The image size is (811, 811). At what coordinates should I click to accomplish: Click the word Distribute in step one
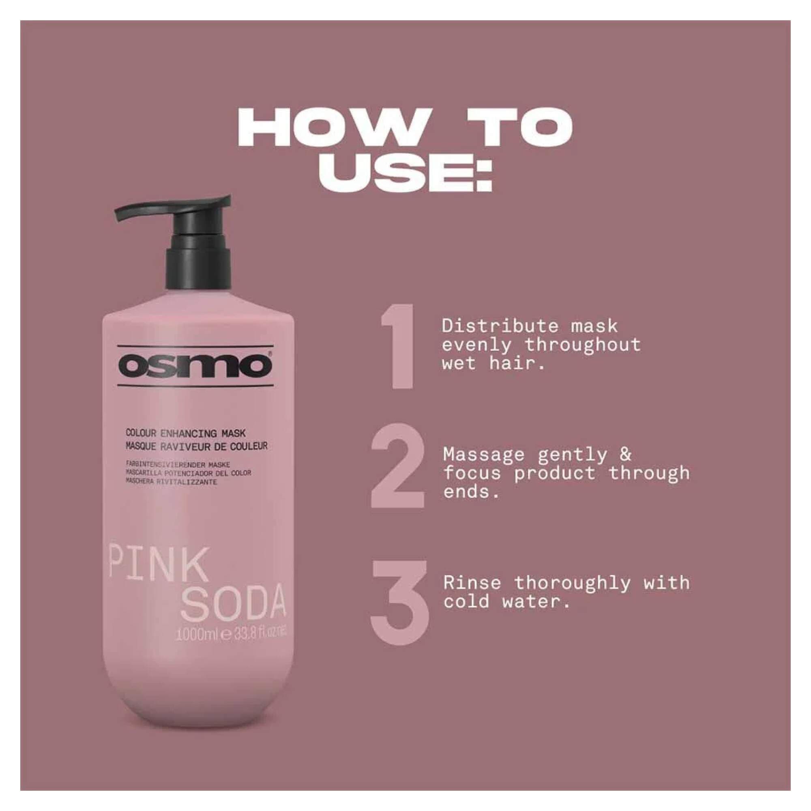click(x=500, y=326)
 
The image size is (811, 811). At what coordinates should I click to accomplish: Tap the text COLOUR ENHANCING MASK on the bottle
click(x=186, y=433)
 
